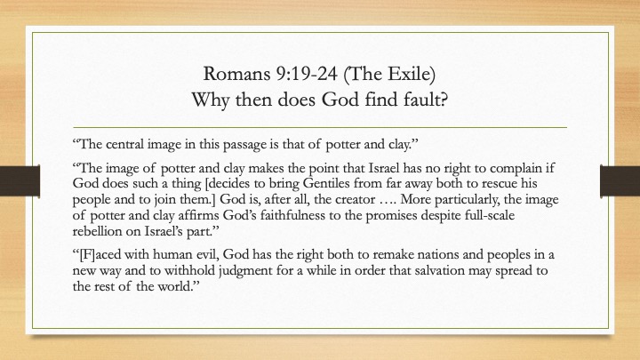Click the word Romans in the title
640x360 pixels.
click(x=236, y=74)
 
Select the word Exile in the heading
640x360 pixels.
click(x=411, y=74)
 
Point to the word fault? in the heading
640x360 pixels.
click(x=426, y=100)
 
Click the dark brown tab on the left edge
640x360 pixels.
click(x=20, y=181)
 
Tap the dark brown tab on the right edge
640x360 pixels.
click(x=620, y=180)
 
